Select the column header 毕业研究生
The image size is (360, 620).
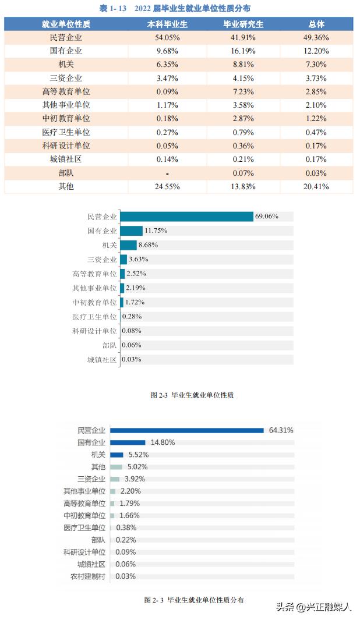[243, 24]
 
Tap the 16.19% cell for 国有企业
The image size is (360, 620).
[243, 51]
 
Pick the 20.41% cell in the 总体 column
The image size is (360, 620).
[316, 186]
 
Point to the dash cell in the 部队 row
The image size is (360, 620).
[167, 173]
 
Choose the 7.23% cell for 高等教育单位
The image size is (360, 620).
[243, 91]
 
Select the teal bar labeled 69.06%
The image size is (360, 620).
[186, 216]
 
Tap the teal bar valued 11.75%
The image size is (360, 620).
[132, 231]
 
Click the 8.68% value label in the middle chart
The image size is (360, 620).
[148, 245]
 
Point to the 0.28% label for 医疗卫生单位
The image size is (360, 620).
[132, 317]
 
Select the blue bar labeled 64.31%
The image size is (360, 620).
[187, 430]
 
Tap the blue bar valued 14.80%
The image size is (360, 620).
[128, 442]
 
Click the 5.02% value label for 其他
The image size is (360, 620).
[137, 467]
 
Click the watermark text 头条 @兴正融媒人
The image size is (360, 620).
[313, 607]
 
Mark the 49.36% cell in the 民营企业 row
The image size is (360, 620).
[316, 37]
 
